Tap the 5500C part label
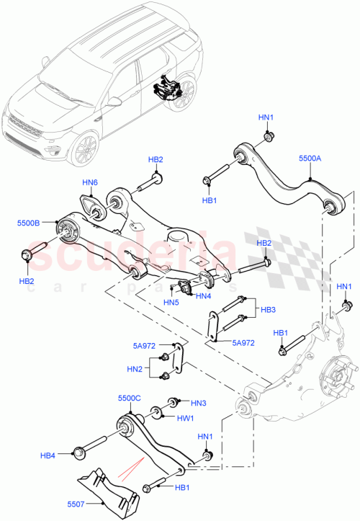coord(130,397)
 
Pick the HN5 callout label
coord(171,302)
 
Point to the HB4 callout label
coord(48,455)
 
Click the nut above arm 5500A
coord(268,137)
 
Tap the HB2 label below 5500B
coord(26,280)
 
